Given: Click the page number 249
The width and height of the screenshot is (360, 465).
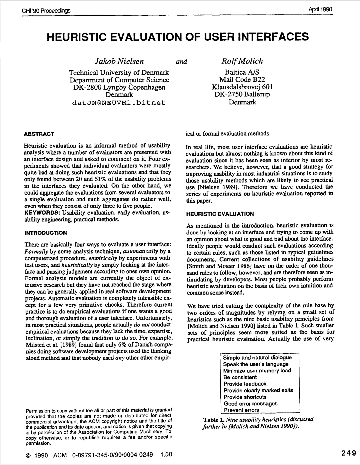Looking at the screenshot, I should coord(349,453).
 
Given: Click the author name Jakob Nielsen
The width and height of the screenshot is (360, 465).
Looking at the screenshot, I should coord(119,61).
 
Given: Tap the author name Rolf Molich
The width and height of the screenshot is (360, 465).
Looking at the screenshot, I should coord(242,61).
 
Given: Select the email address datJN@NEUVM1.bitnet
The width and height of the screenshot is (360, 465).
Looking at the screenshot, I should coord(119,103).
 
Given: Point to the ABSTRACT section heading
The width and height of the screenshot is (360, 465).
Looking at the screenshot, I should coord(39,134).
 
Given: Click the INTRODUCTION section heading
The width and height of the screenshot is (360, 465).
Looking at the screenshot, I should coord(46,233).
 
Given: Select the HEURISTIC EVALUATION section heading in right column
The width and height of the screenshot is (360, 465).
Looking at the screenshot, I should coord(220,214).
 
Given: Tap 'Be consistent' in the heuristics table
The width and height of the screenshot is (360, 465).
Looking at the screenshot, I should coord(240,377).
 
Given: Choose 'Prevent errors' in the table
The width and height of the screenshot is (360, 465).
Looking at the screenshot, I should coord(241,410).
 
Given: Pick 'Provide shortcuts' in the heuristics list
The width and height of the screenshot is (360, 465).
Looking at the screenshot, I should coord(245,397).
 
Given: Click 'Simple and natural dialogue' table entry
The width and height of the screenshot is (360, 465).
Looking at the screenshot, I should coord(257,358).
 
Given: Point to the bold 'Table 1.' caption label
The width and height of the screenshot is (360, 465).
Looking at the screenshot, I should coord(214,420).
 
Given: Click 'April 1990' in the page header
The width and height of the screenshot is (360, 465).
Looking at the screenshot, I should coord(320,9).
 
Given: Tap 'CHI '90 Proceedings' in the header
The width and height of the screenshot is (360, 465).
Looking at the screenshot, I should coord(46,11).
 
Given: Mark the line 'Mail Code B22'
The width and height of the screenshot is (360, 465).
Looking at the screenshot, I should coord(242,80).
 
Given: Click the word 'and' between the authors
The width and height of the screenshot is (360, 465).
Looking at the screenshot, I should coord(181,62).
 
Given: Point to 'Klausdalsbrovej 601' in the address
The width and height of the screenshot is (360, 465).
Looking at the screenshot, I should coord(242,87).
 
